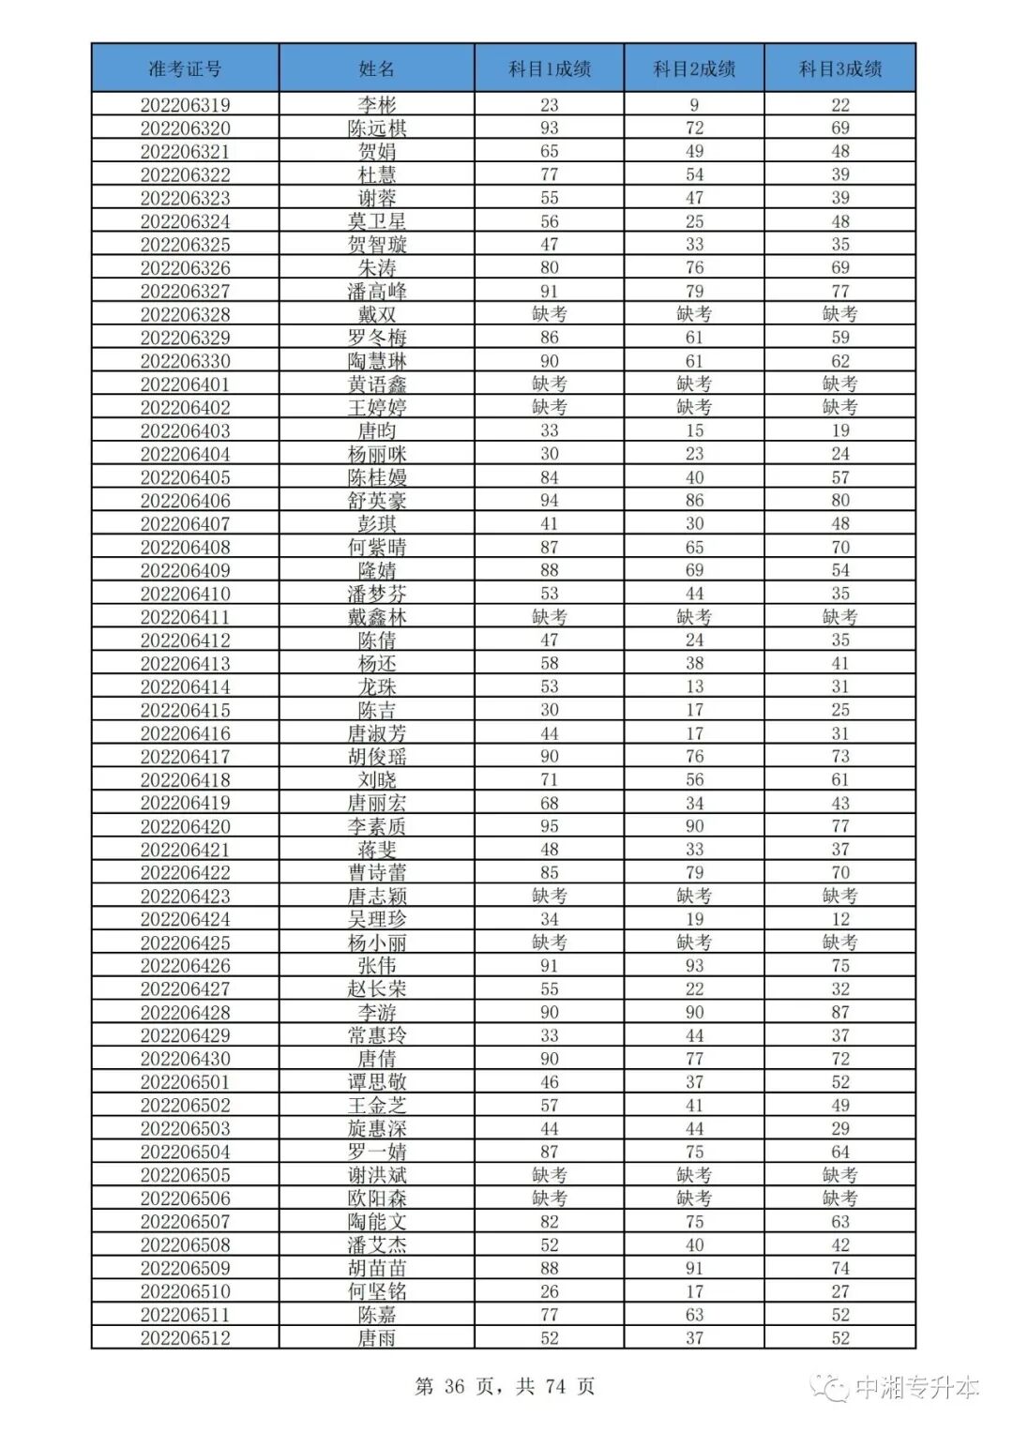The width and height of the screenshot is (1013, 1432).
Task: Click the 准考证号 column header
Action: (x=185, y=68)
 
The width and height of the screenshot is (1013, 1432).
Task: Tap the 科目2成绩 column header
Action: (x=694, y=68)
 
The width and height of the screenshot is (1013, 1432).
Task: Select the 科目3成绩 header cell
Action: (x=839, y=68)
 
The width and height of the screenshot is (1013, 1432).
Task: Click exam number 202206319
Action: (x=185, y=105)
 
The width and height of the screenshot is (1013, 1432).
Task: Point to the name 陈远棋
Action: (x=377, y=128)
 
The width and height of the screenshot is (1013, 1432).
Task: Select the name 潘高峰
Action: (x=377, y=292)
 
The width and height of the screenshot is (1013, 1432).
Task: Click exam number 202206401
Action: (x=185, y=384)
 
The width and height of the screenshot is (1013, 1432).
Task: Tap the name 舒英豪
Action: (x=377, y=501)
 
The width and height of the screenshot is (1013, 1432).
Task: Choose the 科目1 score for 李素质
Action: (x=550, y=826)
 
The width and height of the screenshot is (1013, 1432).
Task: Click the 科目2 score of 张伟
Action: (x=694, y=966)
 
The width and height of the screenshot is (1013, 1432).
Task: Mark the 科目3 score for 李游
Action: (x=840, y=1013)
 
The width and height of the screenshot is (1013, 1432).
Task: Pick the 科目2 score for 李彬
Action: (x=694, y=105)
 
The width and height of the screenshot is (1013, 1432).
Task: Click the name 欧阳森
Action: (x=377, y=1198)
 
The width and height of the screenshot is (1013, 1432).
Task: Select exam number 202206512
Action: (x=185, y=1338)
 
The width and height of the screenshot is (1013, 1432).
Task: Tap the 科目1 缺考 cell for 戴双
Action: (x=550, y=314)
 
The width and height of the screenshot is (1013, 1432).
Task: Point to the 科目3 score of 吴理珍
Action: (x=840, y=919)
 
